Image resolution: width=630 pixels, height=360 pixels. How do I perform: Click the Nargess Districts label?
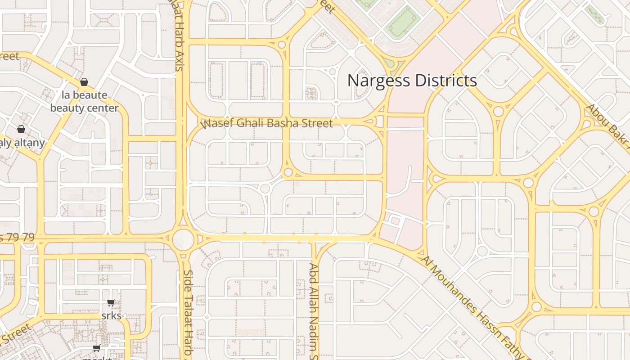point(412,81)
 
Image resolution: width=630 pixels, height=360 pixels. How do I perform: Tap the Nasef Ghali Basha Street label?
point(268,123)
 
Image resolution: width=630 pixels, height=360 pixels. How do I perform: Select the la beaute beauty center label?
point(84,101)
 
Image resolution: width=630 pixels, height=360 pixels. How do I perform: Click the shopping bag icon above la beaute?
point(84,82)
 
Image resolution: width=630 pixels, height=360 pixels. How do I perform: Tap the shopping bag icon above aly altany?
point(21,130)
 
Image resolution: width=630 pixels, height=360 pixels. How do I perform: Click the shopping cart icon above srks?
point(111,303)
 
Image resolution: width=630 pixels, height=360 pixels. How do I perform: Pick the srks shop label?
point(111,315)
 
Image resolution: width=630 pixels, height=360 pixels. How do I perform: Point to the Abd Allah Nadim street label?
point(313,310)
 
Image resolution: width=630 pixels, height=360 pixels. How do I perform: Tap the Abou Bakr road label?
point(607,126)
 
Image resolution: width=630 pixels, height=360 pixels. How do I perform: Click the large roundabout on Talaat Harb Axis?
point(183,239)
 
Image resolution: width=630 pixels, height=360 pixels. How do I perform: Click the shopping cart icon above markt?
point(96,348)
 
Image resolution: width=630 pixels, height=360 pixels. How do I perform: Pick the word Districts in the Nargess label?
point(445,81)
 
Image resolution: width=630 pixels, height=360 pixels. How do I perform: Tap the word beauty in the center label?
point(66,108)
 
